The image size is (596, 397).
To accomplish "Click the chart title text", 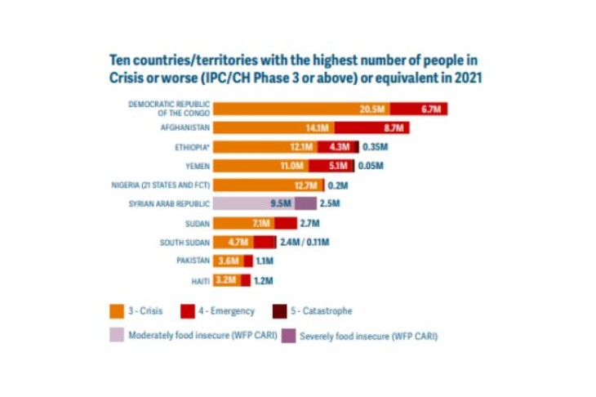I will click(295, 68).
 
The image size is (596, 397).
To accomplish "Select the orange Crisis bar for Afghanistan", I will click(270, 128).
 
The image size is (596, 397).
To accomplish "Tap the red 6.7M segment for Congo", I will click(419, 109).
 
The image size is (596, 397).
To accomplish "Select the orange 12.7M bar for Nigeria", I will click(266, 185).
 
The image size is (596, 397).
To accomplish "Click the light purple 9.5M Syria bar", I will click(254, 204).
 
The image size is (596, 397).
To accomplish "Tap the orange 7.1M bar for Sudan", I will click(244, 223).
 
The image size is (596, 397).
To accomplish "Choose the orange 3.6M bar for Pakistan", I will click(229, 261).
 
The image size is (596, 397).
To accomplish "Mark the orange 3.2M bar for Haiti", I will click(227, 280).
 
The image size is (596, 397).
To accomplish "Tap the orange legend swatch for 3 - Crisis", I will click(118, 311).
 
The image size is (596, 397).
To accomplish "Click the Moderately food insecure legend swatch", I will click(118, 335).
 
